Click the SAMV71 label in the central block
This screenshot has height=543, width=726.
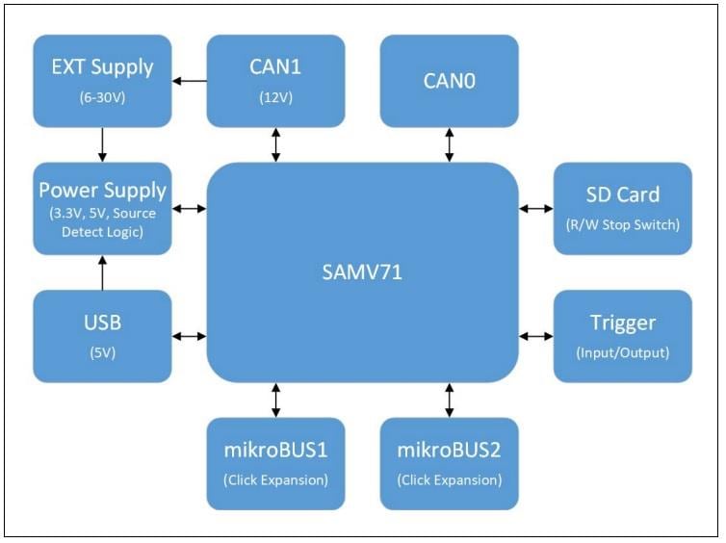pos(363,272)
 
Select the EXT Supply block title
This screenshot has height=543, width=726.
pos(102,67)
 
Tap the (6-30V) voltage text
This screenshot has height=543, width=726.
pos(102,97)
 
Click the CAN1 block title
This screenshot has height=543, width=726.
pos(276,67)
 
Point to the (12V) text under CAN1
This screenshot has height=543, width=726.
pos(276,97)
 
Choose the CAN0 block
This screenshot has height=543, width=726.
pos(449,81)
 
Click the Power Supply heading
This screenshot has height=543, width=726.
pos(102,190)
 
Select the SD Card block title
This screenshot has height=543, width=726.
pos(623,194)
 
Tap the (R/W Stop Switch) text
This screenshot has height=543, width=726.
pos(623,225)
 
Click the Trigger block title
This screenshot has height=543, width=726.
pos(623,323)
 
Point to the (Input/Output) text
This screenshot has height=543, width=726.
pos(623,352)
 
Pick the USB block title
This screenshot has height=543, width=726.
pos(102,322)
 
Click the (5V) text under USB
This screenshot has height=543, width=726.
pos(102,352)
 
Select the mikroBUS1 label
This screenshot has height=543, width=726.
pos(276,449)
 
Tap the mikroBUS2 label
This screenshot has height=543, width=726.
pos(449,449)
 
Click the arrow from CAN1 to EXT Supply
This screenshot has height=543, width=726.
pos(190,81)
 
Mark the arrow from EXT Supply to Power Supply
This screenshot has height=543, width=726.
pos(102,144)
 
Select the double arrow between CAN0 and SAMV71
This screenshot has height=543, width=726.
pos(449,144)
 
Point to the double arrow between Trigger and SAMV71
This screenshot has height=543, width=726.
pos(536,336)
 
